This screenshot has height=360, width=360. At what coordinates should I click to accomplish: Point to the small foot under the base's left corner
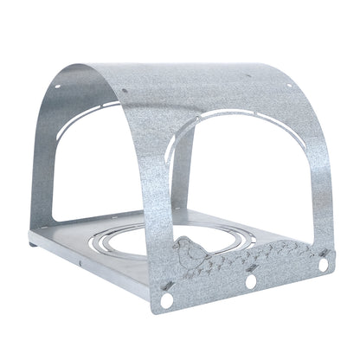point(35,244)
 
